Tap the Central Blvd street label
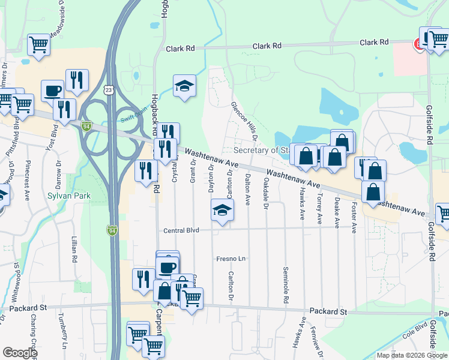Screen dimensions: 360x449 point(181,230)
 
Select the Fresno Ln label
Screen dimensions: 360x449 point(232,259)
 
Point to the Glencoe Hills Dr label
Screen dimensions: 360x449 point(245,121)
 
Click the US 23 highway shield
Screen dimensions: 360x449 point(109,89)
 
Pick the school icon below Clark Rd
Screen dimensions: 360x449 point(185,86)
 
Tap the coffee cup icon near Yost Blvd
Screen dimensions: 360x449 point(52,91)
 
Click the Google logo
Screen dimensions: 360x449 point(20,353)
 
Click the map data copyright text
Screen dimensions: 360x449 point(412,355)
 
